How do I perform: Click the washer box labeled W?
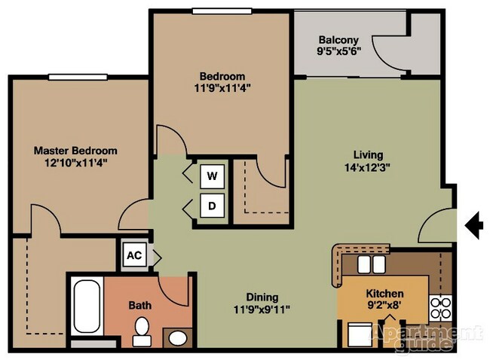coord(213,176)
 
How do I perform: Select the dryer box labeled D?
coord(213,205)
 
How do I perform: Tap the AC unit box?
coord(134,255)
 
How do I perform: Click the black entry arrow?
coord(474,224)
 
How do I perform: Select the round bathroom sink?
coord(178,337)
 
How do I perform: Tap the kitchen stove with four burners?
coord(440,308)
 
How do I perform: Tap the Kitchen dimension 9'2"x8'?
coord(384,306)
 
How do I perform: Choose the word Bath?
coord(140,305)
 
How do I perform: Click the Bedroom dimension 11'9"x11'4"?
coord(222,87)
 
